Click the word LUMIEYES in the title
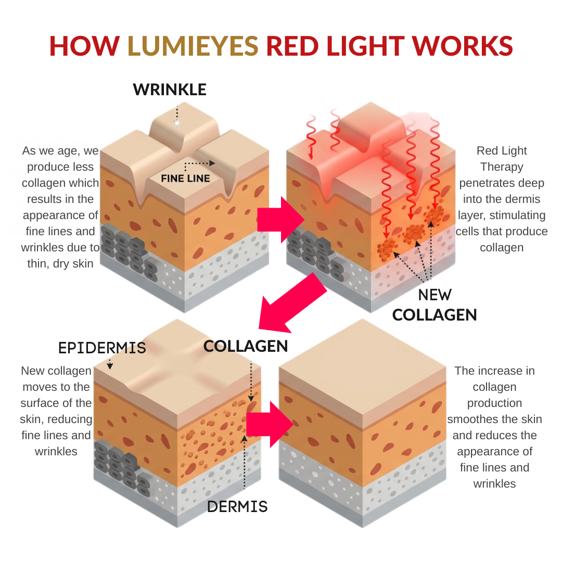tap(193, 46)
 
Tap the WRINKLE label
tap(170, 90)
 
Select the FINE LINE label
tap(185, 178)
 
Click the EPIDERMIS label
tap(102, 348)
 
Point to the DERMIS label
tap(237, 506)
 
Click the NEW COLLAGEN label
tap(435, 305)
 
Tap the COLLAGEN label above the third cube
tap(246, 346)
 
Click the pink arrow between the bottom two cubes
tap(270, 424)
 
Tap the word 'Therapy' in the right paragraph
tap(502, 167)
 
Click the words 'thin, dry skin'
tap(60, 263)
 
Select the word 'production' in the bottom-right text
tap(494, 403)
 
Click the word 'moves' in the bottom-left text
tap(40, 387)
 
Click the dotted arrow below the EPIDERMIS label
tap(110, 363)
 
